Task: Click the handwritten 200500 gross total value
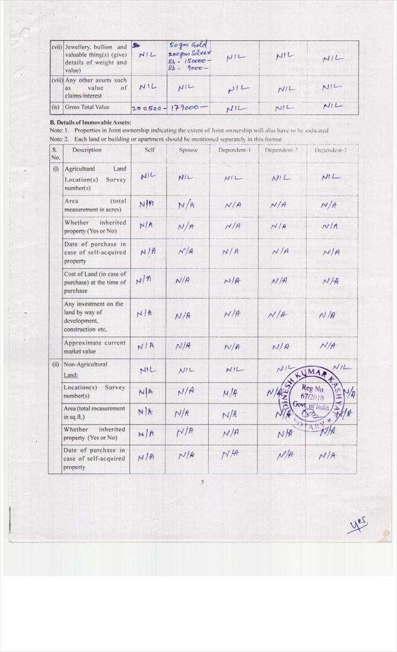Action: [x=148, y=108]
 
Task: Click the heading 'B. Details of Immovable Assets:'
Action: [x=90, y=122]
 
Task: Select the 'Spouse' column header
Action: [x=188, y=150]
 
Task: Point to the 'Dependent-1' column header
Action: [x=234, y=150]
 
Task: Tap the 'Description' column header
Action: [x=87, y=150]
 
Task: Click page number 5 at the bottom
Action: [x=202, y=482]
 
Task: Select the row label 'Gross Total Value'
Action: [x=87, y=108]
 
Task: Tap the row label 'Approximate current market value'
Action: [x=94, y=347]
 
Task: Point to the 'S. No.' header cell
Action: [x=55, y=153]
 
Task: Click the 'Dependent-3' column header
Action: [x=330, y=150]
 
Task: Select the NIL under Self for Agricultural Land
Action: [x=148, y=176]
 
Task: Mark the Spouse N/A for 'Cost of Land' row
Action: [x=183, y=280]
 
